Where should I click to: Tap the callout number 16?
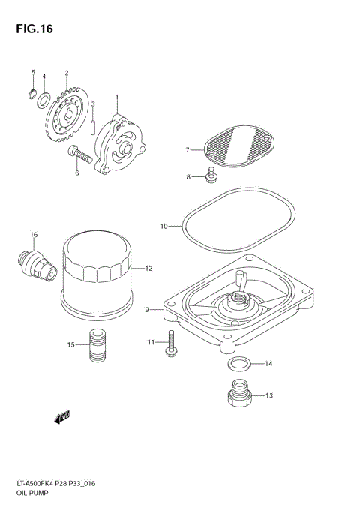tap(33, 235)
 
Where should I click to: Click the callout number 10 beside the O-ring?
tap(163, 224)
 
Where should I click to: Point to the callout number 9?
tap(148, 308)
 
